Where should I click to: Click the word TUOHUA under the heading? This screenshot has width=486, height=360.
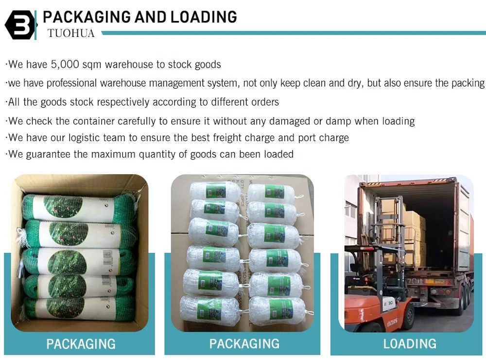pyautogui.click(x=71, y=33)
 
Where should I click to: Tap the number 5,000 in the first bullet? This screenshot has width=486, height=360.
pyautogui.click(x=66, y=64)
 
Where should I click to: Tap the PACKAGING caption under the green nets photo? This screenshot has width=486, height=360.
pyautogui.click(x=81, y=343)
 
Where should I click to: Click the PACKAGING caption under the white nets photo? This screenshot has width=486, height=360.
pyautogui.click(x=244, y=343)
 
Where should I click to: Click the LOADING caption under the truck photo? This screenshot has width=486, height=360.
pyautogui.click(x=410, y=343)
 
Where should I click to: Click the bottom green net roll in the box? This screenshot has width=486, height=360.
pyautogui.click(x=80, y=308)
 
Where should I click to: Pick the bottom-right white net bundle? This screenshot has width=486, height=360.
pyautogui.click(x=275, y=308)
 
